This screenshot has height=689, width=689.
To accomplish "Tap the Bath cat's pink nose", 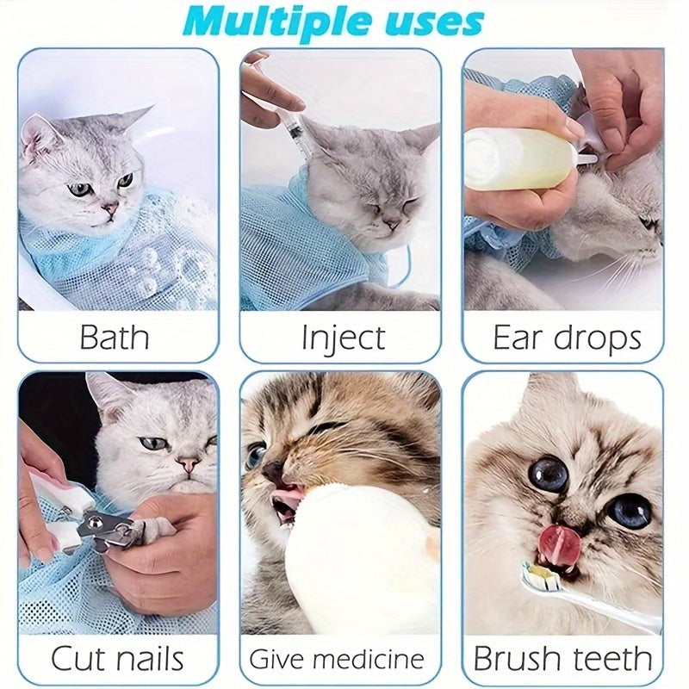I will point(110,208).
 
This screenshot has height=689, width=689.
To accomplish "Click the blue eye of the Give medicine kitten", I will point(256,455).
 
